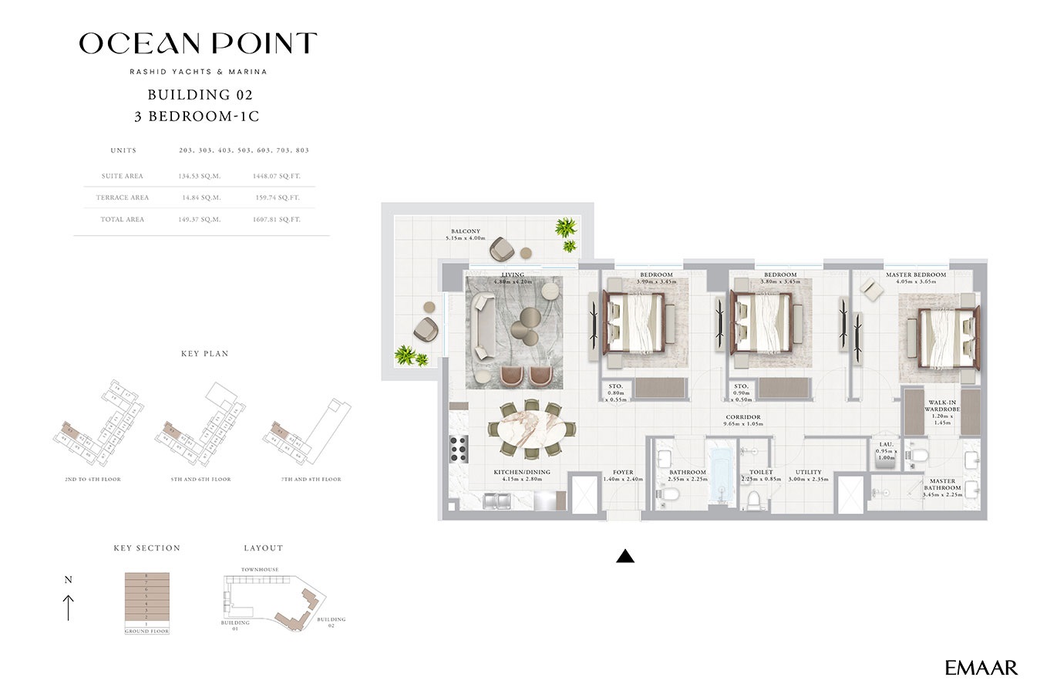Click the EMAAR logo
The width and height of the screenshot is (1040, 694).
point(981,668)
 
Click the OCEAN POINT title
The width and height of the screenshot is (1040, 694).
point(198,44)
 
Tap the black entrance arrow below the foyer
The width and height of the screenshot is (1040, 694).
point(625,556)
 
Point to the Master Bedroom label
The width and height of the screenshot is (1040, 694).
point(915,275)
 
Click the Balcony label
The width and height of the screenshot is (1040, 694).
point(466,231)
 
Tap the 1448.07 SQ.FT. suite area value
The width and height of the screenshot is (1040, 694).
point(276,176)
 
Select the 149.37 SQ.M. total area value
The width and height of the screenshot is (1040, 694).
point(200,220)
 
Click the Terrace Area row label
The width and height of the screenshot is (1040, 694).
point(123,198)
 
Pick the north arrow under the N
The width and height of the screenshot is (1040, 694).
point(69,607)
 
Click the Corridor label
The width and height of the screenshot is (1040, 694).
point(742,417)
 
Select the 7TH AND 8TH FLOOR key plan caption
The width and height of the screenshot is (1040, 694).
point(311,480)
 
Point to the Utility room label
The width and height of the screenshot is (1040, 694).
point(808,472)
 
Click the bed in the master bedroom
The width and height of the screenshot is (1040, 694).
point(945,338)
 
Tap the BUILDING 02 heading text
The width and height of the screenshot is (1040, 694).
point(200,95)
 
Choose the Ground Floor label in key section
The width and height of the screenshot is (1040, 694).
point(146,632)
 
